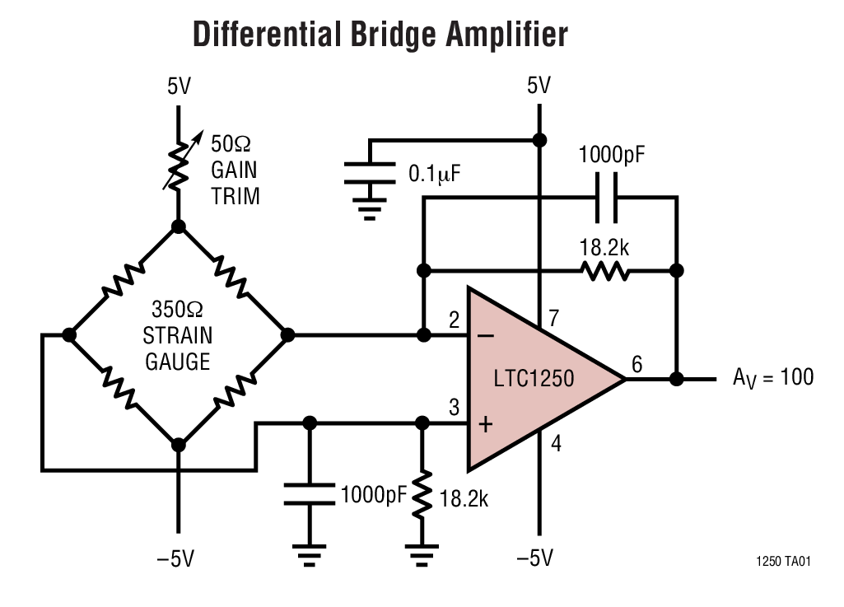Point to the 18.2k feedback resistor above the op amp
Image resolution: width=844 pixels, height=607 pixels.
604,270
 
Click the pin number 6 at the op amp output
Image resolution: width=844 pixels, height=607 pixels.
636,363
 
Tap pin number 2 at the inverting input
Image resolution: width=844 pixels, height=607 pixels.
454,320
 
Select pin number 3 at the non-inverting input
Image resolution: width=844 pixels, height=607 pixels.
454,407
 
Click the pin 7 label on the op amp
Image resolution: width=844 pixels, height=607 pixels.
554,319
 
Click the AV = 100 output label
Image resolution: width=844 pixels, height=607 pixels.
772,378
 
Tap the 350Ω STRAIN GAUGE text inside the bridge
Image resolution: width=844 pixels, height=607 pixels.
178,335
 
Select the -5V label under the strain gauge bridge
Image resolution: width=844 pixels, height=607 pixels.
175,558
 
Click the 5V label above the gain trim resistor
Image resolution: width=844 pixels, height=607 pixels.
178,86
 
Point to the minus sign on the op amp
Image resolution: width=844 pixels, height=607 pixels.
486,335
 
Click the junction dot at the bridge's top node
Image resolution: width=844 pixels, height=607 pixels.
178,226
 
